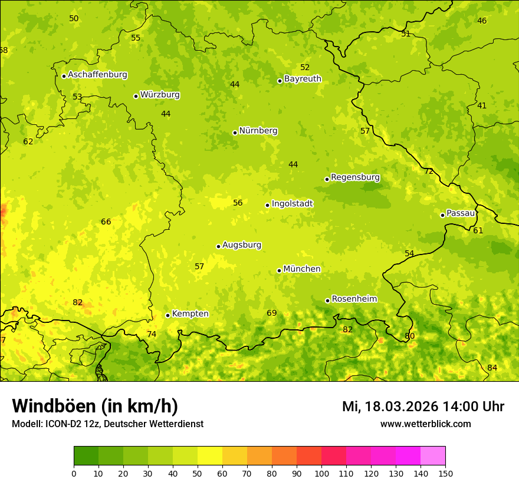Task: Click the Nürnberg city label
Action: tap(258, 131)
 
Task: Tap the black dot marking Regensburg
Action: tap(327, 179)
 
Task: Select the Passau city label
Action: tap(460, 213)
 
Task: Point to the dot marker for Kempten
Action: tap(167, 315)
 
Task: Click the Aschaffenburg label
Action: tap(97, 75)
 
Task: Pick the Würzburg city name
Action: tap(160, 95)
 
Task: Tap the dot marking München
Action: tap(279, 270)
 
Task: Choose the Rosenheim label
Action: tap(354, 299)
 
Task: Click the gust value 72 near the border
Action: tap(429, 171)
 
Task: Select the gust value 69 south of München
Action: tap(271, 313)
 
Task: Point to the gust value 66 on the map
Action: tap(106, 222)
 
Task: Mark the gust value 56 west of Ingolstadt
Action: tap(238, 203)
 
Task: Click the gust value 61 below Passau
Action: tap(478, 230)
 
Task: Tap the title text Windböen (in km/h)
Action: tap(95, 406)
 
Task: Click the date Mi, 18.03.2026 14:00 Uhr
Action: tap(423, 407)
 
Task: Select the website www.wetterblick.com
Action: tap(425, 424)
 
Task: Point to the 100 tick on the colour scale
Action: tap(321, 473)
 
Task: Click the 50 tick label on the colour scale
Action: tap(198, 473)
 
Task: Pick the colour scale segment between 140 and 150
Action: tap(433, 455)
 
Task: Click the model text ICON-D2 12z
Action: tap(68, 424)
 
